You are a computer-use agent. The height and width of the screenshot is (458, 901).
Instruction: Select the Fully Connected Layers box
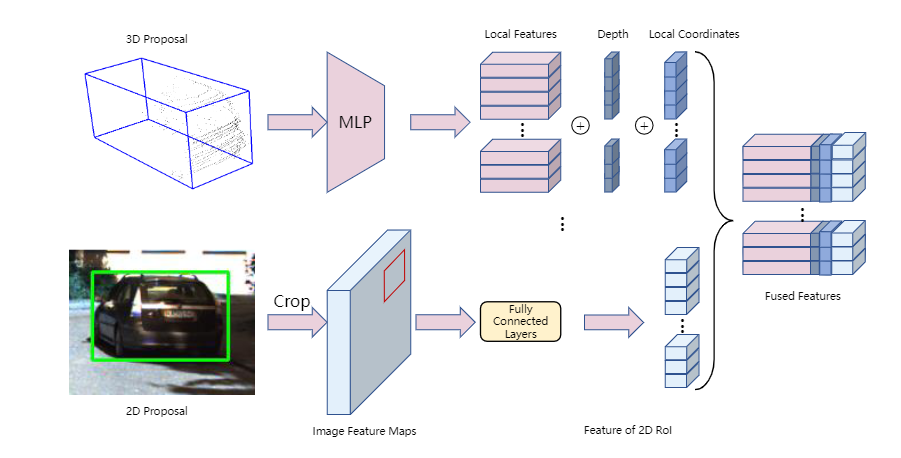click(x=521, y=321)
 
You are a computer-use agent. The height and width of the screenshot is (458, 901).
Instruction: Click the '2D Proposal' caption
click(x=161, y=410)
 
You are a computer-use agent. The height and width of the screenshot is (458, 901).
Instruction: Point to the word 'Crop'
click(x=290, y=300)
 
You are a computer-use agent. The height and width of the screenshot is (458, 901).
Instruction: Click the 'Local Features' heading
click(x=520, y=34)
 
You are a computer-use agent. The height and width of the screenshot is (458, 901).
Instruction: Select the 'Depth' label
click(x=613, y=34)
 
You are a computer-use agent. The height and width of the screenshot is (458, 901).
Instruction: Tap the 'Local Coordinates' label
click(x=694, y=34)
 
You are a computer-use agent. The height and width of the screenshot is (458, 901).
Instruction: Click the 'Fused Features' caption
click(x=802, y=296)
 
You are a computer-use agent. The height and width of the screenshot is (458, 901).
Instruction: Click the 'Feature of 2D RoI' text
click(x=627, y=431)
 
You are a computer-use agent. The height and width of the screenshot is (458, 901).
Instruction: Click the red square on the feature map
click(x=395, y=275)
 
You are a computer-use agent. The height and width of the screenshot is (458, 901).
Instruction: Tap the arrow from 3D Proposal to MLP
click(x=297, y=122)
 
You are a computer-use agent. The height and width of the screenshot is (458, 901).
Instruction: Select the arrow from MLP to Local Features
click(x=439, y=122)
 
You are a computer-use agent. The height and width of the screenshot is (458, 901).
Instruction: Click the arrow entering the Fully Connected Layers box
click(x=444, y=322)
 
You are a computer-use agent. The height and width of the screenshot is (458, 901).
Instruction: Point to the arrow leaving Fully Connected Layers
click(x=613, y=322)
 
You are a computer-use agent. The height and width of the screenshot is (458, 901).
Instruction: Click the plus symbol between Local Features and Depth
click(x=580, y=126)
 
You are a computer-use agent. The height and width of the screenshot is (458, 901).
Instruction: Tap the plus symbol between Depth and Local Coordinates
click(x=644, y=126)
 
